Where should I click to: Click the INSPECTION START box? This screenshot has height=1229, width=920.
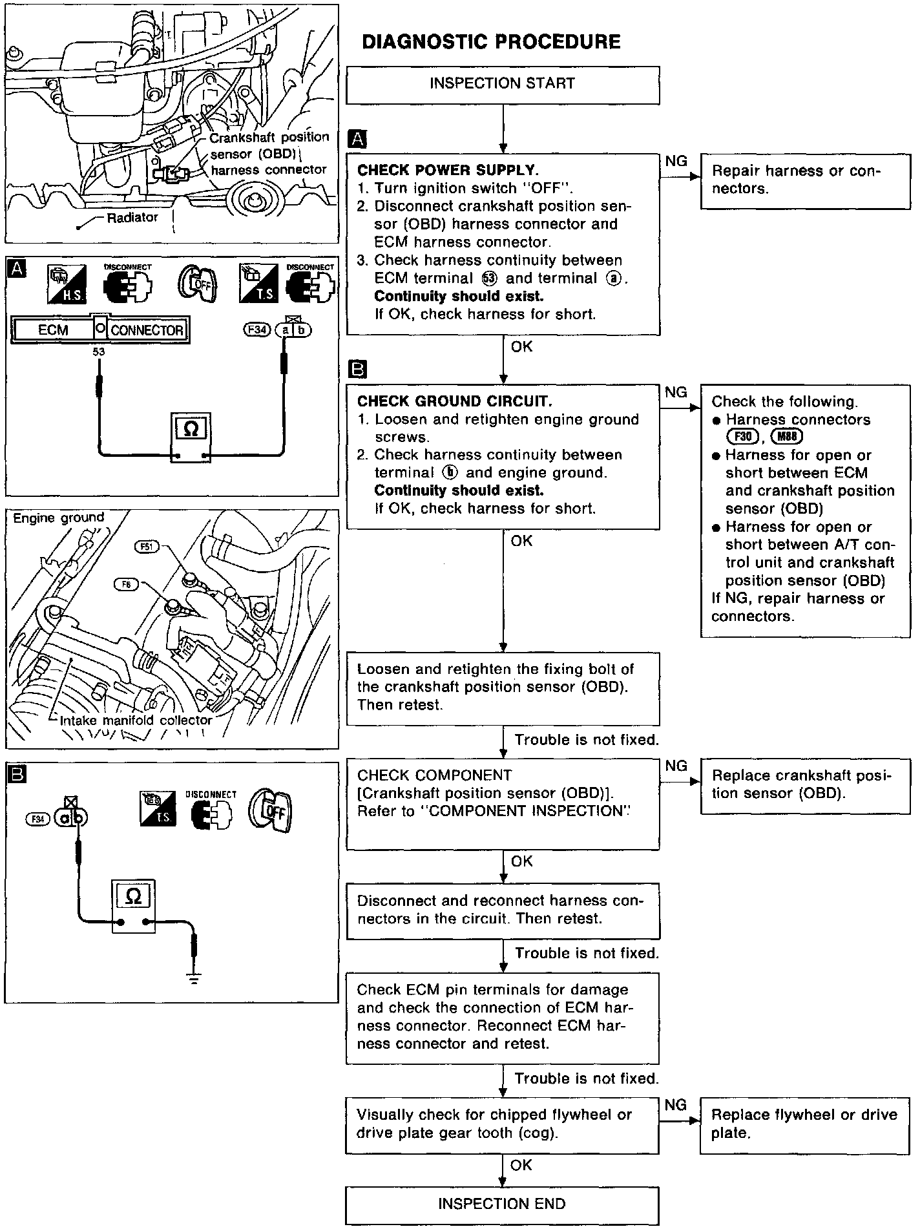point(502,84)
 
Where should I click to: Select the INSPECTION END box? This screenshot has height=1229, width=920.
point(502,1204)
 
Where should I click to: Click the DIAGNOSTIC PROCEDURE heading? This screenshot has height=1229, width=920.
point(491,42)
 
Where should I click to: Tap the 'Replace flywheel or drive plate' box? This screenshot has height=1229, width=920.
point(804,1124)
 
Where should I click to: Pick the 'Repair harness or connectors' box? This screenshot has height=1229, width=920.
point(804,180)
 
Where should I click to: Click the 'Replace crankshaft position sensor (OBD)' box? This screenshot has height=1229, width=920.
point(804,784)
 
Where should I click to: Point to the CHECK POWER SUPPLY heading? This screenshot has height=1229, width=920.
point(448,171)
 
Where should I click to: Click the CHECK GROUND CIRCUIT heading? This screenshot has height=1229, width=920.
point(454,401)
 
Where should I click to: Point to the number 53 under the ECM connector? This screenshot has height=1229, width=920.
point(98,352)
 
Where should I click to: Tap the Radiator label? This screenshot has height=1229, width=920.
point(132,218)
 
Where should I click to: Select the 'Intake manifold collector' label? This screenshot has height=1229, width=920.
point(136,720)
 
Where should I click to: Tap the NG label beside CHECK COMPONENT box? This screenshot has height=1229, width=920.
point(676,766)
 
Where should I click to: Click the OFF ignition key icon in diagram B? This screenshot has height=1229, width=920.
point(271,810)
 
